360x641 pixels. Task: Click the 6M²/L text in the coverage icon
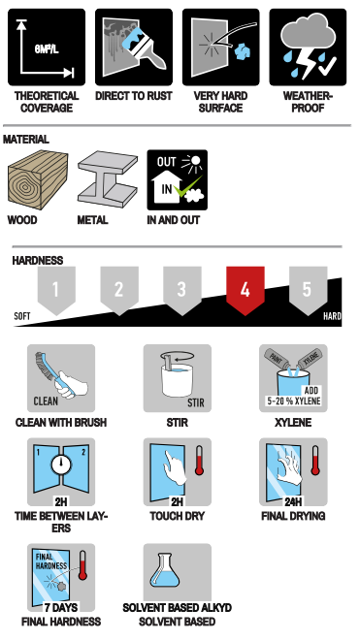tap(47, 49)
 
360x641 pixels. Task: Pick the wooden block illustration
tap(38, 179)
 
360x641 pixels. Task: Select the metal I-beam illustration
tap(107, 178)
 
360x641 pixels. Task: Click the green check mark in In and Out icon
tap(187, 186)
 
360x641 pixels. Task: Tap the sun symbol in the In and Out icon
tap(192, 163)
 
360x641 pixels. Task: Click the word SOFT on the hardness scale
tap(22, 316)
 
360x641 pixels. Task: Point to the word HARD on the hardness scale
tap(332, 316)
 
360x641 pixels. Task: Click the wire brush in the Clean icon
tap(49, 372)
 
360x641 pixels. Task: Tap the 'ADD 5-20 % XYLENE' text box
tap(293, 396)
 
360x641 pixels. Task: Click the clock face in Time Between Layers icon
tap(61, 465)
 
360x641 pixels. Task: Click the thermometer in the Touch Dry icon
tap(199, 461)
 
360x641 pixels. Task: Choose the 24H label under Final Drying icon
tap(293, 501)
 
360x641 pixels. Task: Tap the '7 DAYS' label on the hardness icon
tap(61, 607)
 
